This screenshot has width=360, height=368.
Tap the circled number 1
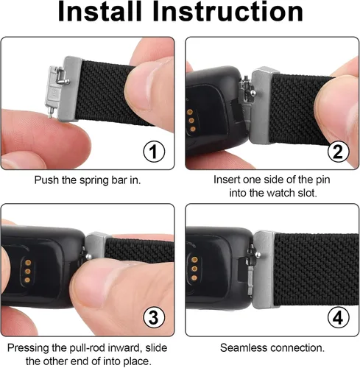click(152, 153)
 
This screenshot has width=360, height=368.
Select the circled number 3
click(152, 319)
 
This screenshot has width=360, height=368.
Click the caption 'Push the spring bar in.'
click(88, 179)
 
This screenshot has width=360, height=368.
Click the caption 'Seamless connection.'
click(270, 347)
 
